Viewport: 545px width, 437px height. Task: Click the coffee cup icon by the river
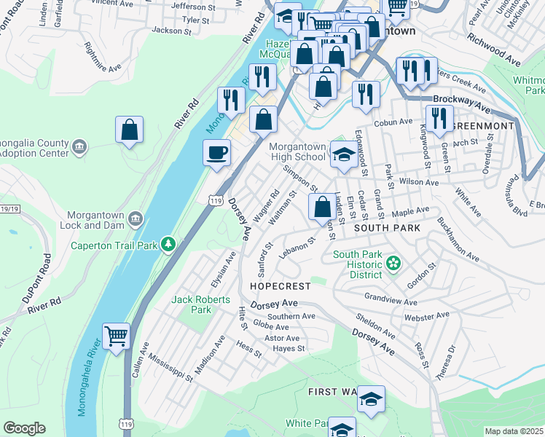tap(216, 153)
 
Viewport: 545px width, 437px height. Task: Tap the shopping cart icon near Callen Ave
tap(116, 336)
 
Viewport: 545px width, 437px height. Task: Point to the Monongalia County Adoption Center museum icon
tap(80, 148)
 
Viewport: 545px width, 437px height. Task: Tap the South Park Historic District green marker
tap(394, 262)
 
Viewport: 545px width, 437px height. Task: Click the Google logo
tap(24, 428)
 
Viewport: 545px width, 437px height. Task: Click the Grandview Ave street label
tap(391, 301)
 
